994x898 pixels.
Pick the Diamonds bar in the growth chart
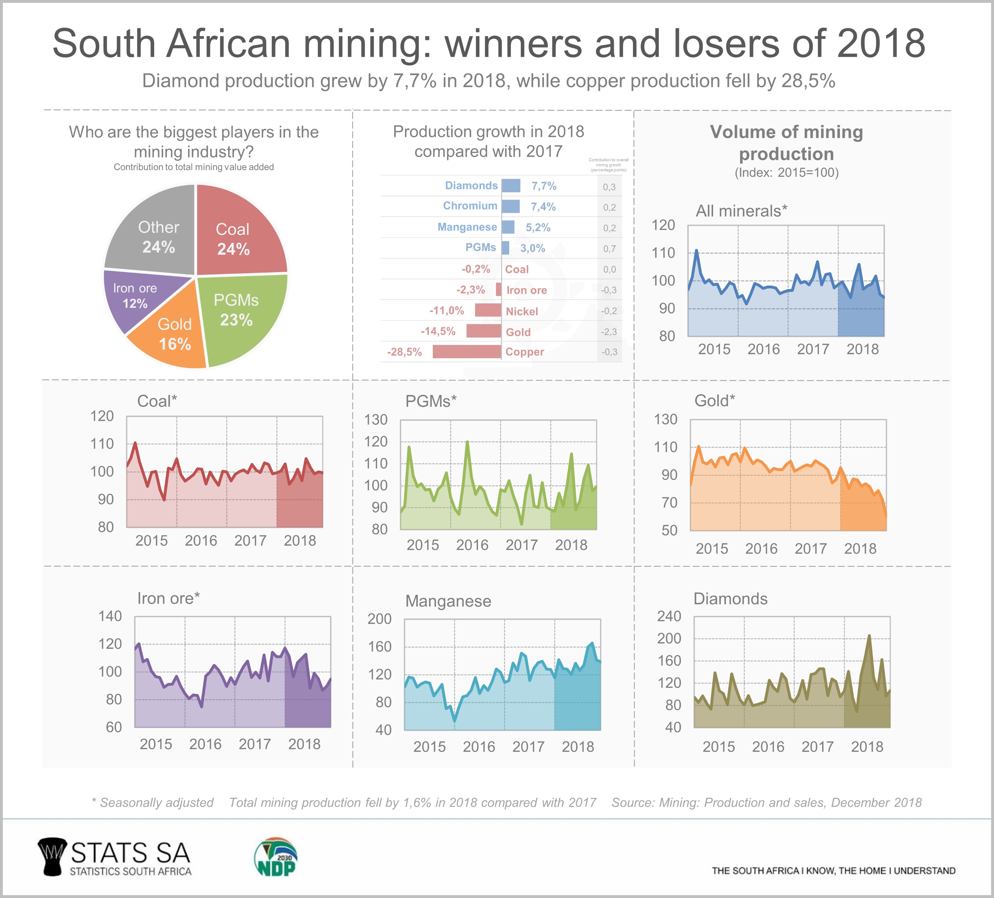click(511, 186)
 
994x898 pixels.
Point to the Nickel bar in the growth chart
click(488, 310)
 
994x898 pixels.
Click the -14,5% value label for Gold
click(438, 331)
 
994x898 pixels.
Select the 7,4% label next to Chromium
click(543, 207)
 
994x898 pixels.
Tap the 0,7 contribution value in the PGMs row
click(609, 249)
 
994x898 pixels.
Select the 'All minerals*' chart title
click(741, 211)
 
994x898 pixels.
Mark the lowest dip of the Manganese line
click(454, 721)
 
